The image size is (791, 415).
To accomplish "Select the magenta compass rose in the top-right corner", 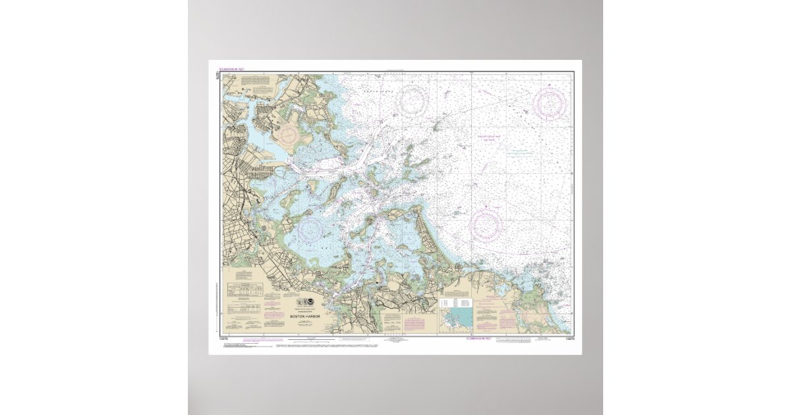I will tap(549, 104).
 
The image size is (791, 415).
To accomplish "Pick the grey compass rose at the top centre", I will tap(413, 99).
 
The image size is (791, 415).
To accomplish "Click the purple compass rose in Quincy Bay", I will tap(310, 229).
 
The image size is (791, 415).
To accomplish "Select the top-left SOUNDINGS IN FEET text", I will tap(231, 69).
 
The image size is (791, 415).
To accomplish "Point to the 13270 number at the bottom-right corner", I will tap(570, 338).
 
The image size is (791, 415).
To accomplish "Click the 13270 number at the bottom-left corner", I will tap(218, 338).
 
